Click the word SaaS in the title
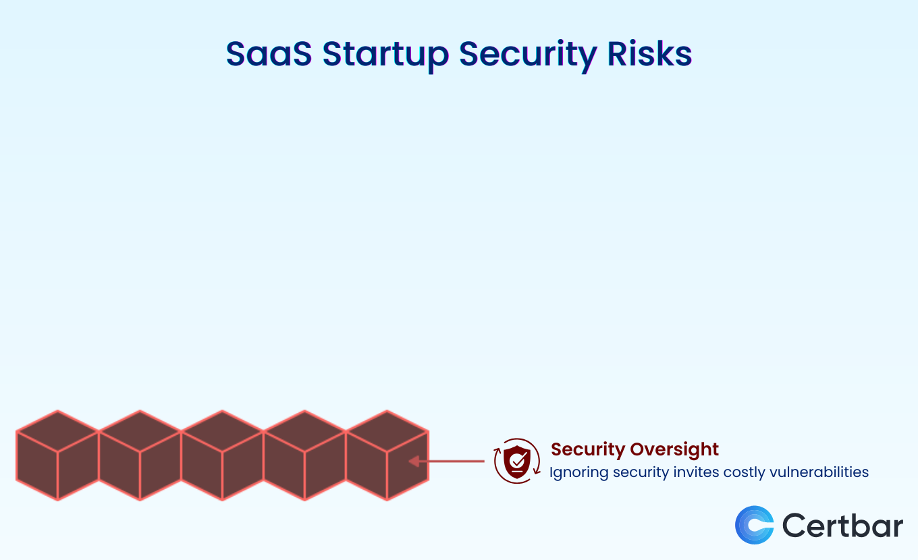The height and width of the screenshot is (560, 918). click(x=269, y=54)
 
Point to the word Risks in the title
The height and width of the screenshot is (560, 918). click(x=649, y=54)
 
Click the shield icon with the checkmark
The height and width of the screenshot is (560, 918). click(x=517, y=461)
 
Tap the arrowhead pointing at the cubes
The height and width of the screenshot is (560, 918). click(x=414, y=461)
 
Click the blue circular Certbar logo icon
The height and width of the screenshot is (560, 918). click(x=755, y=525)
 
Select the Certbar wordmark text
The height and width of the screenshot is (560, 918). click(x=842, y=525)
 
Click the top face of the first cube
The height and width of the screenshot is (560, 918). click(x=57, y=431)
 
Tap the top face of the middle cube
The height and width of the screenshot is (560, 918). click(x=222, y=431)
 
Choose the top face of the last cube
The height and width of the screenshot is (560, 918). click(x=387, y=431)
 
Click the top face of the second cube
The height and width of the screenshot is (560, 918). click(x=140, y=431)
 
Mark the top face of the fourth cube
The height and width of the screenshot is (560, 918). click(x=304, y=431)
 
